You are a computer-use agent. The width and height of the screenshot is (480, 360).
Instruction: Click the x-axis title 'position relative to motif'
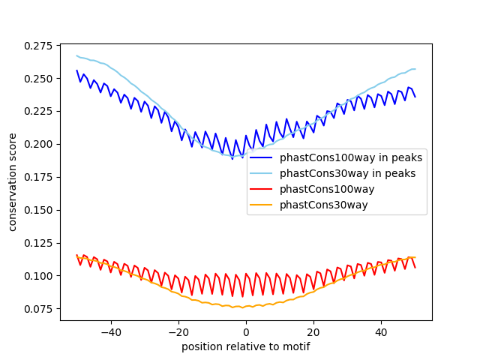[246, 346]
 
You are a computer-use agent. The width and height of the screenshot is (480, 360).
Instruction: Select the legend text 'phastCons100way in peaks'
[351, 158]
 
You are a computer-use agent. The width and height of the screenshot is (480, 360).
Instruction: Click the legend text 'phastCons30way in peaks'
[348, 174]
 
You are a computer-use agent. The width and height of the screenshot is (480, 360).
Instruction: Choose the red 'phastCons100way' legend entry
[327, 189]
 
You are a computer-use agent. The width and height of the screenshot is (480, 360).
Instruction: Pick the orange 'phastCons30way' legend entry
[324, 205]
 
